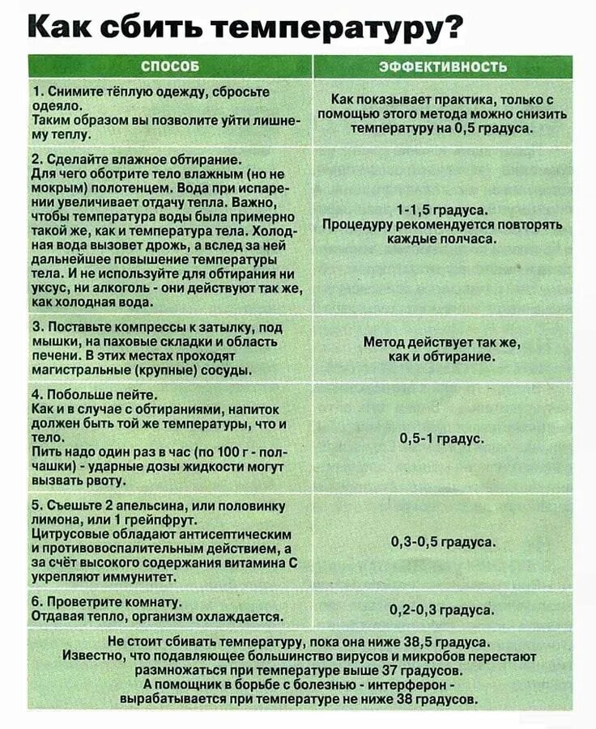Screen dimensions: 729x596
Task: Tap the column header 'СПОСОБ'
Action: pyautogui.click(x=170, y=66)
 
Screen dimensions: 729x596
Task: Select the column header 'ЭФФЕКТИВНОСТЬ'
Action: pyautogui.click(x=442, y=66)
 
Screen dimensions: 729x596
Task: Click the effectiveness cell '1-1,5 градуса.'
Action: pyautogui.click(x=442, y=209)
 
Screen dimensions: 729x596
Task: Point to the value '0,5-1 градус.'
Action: pyautogui.click(x=442, y=439)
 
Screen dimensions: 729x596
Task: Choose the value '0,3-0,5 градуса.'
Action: pyautogui.click(x=442, y=541)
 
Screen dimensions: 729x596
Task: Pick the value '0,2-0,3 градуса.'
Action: pyautogui.click(x=442, y=609)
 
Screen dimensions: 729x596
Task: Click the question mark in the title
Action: pyautogui.click(x=454, y=26)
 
